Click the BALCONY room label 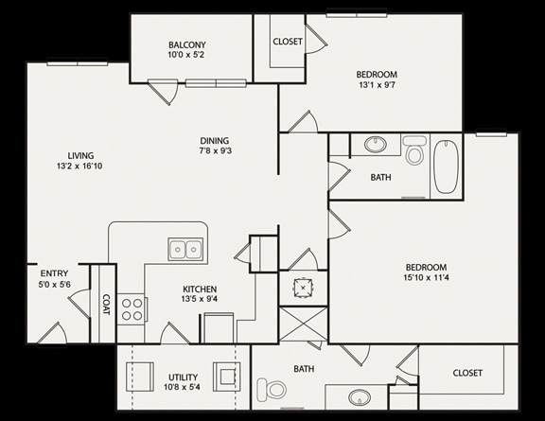(187, 44)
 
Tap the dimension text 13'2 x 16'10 (79, 167)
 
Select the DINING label (215, 141)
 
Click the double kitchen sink (185, 249)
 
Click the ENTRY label (54, 273)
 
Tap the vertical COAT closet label (106, 305)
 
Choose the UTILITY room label (184, 377)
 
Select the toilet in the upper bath (414, 150)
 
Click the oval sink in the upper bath (376, 144)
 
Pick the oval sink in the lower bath (360, 396)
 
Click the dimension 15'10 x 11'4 (426, 278)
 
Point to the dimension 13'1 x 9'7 (377, 85)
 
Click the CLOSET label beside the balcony (288, 42)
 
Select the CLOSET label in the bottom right (467, 373)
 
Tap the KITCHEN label (200, 289)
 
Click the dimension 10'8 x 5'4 (182, 387)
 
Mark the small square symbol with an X (303, 288)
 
